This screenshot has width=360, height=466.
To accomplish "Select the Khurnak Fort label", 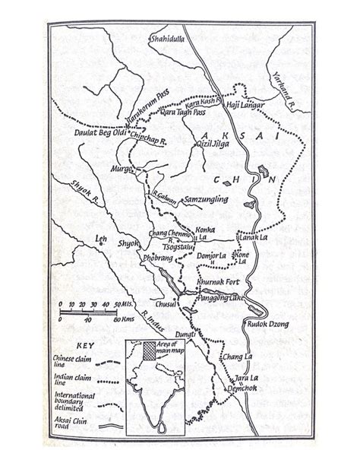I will coord(219,281).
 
